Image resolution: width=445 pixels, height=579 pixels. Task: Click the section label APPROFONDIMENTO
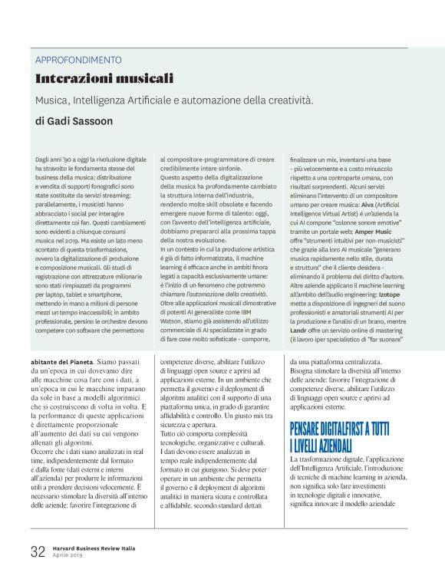pos(78,59)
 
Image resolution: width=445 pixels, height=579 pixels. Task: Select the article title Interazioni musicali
pos(104,78)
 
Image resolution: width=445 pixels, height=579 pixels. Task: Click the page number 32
pos(38,551)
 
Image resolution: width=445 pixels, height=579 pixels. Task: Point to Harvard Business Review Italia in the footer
pos(96,548)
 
